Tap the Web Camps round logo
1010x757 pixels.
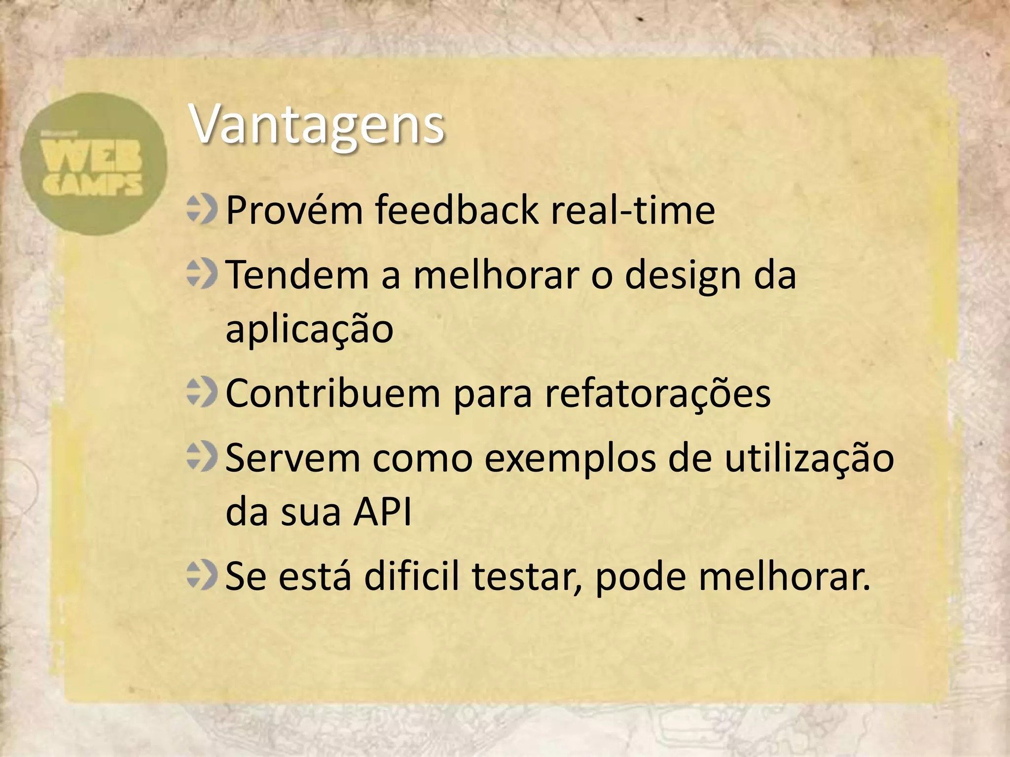[x=94, y=164]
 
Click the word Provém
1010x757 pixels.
[x=294, y=210]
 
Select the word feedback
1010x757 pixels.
[x=457, y=210]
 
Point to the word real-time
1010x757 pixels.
[x=633, y=210]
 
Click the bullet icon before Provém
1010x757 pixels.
[x=202, y=209]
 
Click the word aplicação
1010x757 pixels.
[x=309, y=329]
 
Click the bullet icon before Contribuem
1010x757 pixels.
[x=202, y=392]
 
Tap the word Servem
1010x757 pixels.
[x=293, y=458]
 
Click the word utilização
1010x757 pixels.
[x=809, y=458]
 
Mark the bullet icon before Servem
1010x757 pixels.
[x=202, y=456]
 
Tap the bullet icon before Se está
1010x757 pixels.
[x=202, y=575]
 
